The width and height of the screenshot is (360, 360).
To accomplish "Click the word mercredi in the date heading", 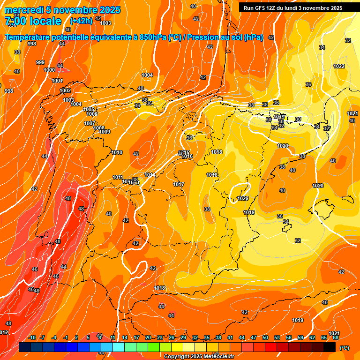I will tap(25, 10).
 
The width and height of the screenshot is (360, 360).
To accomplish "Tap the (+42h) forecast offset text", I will tap(81, 21).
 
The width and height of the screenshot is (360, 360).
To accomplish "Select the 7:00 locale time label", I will tap(33, 21).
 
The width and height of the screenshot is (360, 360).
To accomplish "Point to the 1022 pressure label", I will tap(339, 66).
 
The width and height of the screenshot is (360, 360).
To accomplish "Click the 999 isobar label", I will tap(40, 62).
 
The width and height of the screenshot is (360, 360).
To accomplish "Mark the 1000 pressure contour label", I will tap(49, 70).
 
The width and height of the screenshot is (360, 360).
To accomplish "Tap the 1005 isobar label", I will tap(89, 109).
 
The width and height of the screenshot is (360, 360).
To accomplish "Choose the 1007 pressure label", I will tap(90, 123).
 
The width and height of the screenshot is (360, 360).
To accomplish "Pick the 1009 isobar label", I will tap(105, 132).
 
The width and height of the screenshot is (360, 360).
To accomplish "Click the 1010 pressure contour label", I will tap(117, 152).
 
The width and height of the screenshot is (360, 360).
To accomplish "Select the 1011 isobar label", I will tap(118, 177).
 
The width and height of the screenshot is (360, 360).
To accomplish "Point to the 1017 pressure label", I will tap(179, 184).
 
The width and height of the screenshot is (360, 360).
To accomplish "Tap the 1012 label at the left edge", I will tap(4, 332).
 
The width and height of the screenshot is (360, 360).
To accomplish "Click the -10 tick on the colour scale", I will tap(32, 337).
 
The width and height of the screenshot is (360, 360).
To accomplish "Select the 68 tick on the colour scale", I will tap(336, 337).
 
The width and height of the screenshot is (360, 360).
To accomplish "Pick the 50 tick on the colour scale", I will tap(265, 337).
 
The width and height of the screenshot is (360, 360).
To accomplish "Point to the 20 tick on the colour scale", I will tap(148, 337).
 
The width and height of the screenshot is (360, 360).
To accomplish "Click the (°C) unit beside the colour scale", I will tap(345, 348).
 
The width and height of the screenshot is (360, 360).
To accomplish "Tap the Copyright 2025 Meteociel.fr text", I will tap(199, 356).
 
